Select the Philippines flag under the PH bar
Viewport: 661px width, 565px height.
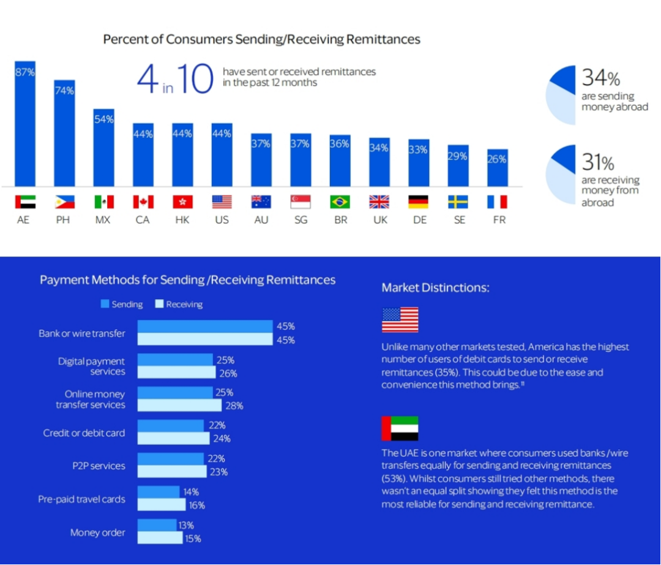click(64, 202)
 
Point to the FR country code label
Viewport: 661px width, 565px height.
click(499, 219)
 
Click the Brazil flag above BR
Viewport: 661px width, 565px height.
click(340, 202)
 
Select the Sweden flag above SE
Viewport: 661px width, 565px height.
click(458, 202)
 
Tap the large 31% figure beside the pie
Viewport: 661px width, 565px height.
click(597, 162)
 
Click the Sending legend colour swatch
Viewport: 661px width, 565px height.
click(105, 304)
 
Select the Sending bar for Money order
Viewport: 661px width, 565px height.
click(157, 525)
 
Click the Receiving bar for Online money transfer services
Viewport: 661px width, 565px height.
click(179, 406)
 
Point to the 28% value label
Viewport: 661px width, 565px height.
click(234, 406)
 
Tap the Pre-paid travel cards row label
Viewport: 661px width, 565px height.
click(81, 499)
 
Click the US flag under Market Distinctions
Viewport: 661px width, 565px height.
click(400, 320)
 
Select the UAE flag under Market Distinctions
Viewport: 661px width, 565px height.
click(400, 428)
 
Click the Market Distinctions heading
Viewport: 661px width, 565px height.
click(435, 287)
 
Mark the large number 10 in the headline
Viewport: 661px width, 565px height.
click(194, 78)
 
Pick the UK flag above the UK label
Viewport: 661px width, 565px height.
click(379, 202)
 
